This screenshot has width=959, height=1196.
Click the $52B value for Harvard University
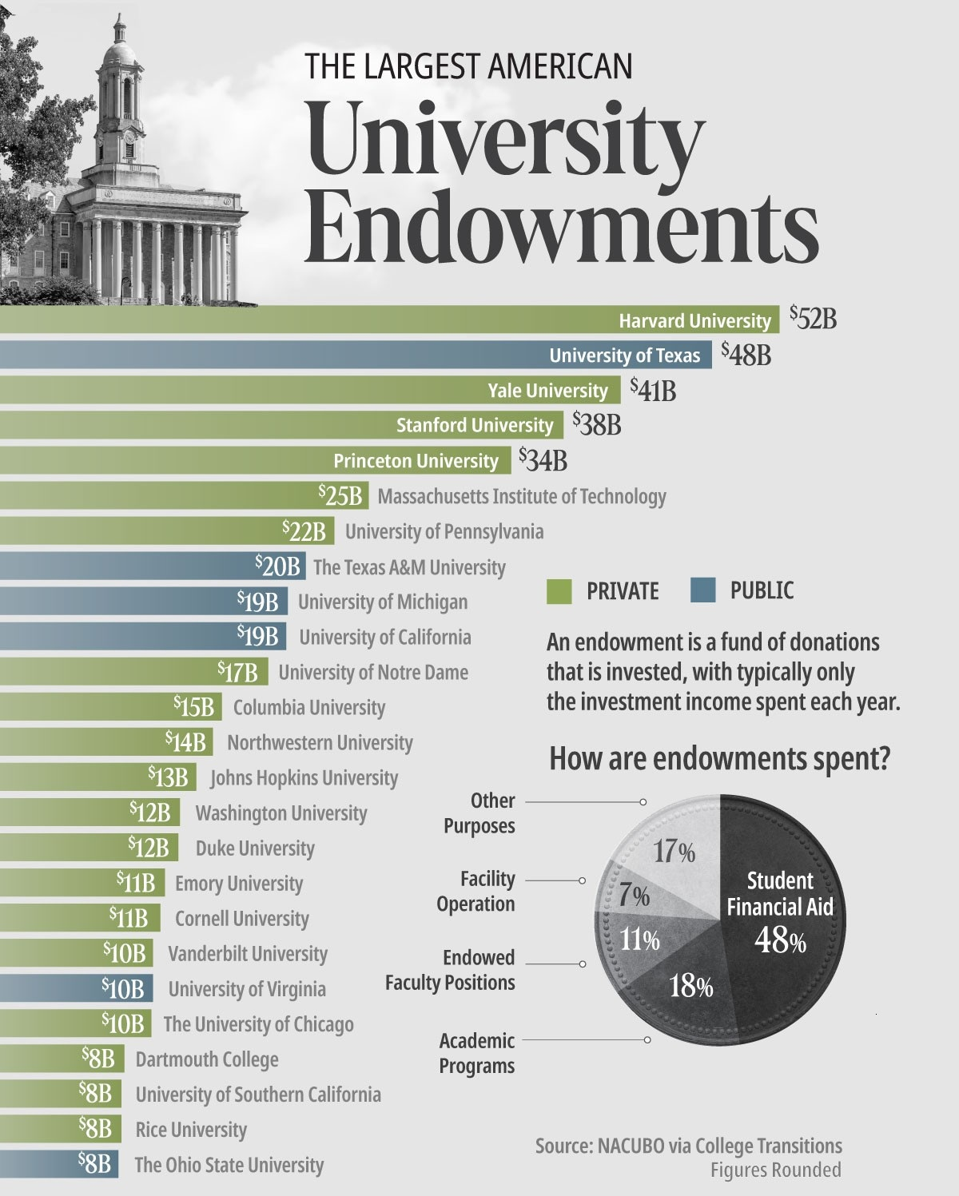pyautogui.click(x=814, y=319)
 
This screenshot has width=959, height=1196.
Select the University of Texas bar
pyautogui.click(x=356, y=355)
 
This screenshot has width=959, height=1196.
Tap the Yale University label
pyautogui.click(x=547, y=390)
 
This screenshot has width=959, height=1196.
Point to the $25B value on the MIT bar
pyautogui.click(x=340, y=495)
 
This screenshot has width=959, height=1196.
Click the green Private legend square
pyautogui.click(x=559, y=590)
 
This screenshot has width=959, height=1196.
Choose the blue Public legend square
pyautogui.click(x=702, y=590)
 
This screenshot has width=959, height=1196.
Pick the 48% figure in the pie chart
pyautogui.click(x=780, y=940)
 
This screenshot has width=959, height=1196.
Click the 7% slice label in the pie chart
pyautogui.click(x=635, y=896)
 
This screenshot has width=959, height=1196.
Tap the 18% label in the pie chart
pyautogui.click(x=691, y=987)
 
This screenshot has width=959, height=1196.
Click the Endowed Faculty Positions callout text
pyautogui.click(x=450, y=970)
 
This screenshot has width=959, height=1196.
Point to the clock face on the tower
pyautogui.click(x=129, y=134)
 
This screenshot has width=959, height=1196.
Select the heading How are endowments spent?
pyautogui.click(x=719, y=758)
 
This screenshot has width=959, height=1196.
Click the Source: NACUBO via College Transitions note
pyautogui.click(x=689, y=1146)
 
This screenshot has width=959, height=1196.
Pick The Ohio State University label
pyautogui.click(x=229, y=1165)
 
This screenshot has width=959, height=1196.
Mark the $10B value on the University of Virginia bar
pyautogui.click(x=123, y=989)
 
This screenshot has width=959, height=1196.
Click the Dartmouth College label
pyautogui.click(x=207, y=1059)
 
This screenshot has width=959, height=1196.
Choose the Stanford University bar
pyautogui.click(x=281, y=425)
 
